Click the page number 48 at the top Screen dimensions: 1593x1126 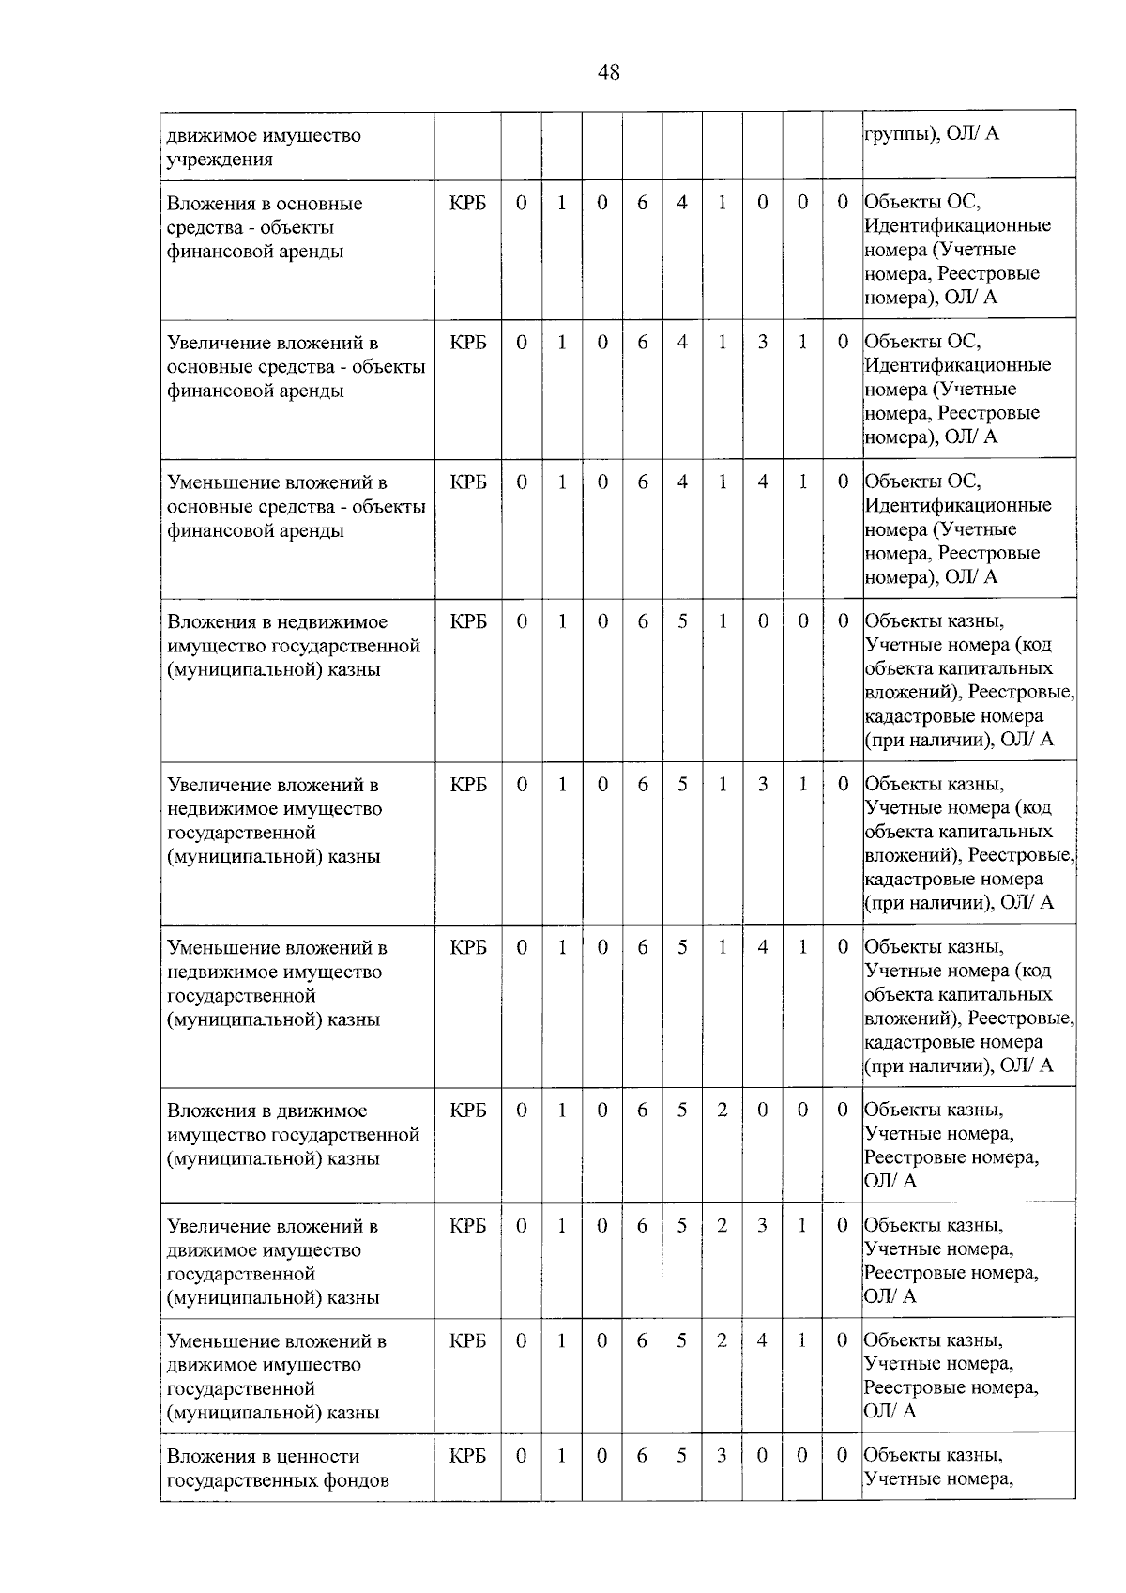point(608,72)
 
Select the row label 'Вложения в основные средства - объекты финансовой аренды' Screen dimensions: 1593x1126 point(265,227)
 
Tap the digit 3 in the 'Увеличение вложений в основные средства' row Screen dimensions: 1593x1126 point(763,343)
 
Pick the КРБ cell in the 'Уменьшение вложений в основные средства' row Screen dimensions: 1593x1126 point(468,482)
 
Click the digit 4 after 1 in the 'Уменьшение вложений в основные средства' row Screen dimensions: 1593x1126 point(763,482)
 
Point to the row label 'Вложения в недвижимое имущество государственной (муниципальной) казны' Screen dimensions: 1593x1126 point(293,646)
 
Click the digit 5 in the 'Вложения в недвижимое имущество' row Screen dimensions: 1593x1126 point(682,621)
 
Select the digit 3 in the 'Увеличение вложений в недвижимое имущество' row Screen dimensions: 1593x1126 point(763,785)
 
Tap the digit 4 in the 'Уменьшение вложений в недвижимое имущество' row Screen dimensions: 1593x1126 point(763,947)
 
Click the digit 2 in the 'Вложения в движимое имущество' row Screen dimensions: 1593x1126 point(723,1111)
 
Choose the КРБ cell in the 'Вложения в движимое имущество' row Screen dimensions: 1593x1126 point(468,1111)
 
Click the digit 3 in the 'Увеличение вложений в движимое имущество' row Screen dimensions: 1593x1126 point(762,1226)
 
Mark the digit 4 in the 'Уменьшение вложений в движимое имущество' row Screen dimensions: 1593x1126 point(762,1340)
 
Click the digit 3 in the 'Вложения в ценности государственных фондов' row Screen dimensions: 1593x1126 point(722,1456)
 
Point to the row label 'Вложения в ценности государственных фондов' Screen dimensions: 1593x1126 point(278,1468)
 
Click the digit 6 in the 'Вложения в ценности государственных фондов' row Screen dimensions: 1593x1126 point(642,1456)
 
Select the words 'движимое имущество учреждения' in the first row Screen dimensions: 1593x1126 point(264,147)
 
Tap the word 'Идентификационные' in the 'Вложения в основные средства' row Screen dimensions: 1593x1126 point(957,225)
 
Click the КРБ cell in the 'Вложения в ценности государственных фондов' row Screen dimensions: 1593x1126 point(468,1456)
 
